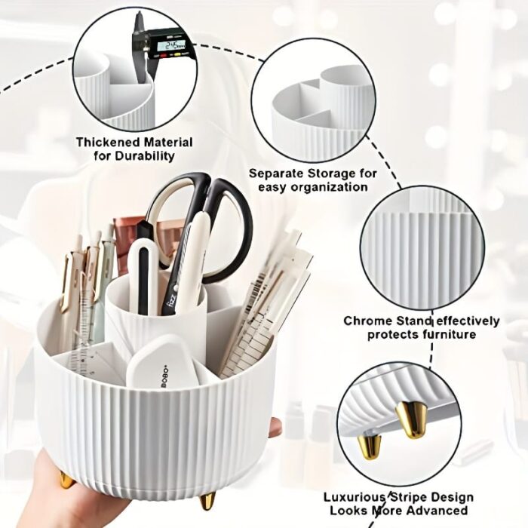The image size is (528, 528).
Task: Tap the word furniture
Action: point(450,334)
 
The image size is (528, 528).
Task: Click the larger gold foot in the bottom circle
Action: point(413,419)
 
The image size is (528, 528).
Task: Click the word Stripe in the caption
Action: point(408,497)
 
